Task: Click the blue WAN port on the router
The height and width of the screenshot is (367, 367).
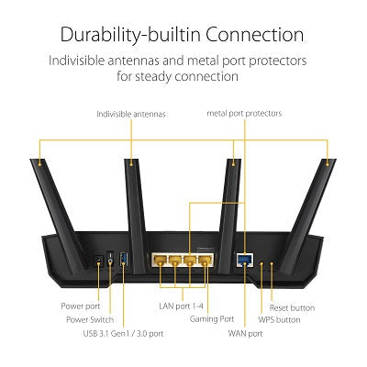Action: (x=244, y=260)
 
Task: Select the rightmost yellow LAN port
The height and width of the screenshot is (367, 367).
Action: (x=207, y=260)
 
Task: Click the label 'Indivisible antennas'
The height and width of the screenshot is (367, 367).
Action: (x=130, y=114)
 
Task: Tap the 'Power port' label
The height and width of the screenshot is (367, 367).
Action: (x=81, y=305)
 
